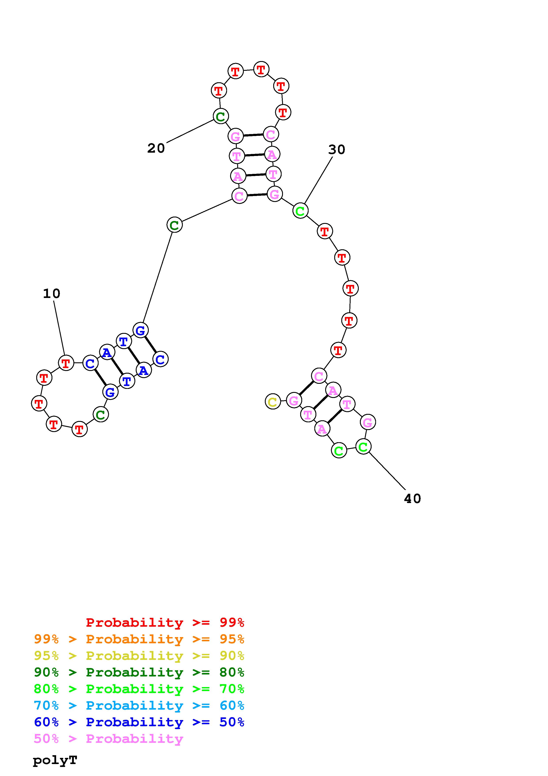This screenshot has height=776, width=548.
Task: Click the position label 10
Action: [52, 294]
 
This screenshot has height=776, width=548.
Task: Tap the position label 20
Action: [156, 148]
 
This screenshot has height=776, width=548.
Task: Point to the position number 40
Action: [412, 499]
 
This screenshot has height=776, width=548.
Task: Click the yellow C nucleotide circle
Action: [273, 401]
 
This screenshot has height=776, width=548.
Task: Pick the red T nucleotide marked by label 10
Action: [66, 363]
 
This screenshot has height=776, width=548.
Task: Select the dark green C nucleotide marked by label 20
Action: [220, 116]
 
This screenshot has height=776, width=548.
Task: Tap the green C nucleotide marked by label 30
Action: [300, 211]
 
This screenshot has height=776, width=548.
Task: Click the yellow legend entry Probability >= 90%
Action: [139, 656]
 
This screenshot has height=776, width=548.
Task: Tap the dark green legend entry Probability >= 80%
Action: [139, 672]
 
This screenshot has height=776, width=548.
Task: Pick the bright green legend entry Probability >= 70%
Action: [139, 689]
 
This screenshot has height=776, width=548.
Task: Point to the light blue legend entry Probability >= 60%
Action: [139, 705]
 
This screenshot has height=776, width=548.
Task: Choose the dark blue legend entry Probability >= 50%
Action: [139, 722]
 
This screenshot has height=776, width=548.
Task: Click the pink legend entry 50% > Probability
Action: [108, 738]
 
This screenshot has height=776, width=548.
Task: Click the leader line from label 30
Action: [318, 180]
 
